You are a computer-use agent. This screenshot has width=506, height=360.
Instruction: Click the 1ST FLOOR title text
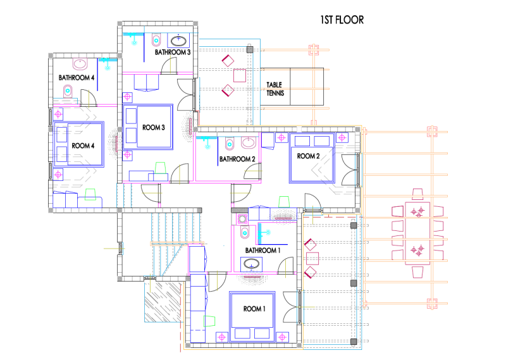tap(342, 20)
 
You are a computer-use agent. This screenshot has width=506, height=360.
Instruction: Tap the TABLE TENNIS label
tap(275, 89)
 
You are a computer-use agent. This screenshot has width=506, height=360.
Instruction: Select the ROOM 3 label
tap(154, 128)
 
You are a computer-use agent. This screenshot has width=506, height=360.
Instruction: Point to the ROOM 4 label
tap(83, 146)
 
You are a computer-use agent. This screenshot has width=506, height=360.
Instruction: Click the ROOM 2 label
tap(308, 156)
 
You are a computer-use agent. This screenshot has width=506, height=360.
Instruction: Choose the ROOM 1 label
tap(254, 309)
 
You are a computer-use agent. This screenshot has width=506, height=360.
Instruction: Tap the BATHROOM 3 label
tap(173, 52)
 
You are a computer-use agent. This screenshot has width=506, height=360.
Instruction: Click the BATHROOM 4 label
tap(77, 77)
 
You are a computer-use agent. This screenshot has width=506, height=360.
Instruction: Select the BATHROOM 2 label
tap(237, 159)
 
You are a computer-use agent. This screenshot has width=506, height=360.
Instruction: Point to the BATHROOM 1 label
tap(262, 250)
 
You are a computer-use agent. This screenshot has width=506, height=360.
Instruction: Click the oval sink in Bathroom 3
tap(178, 40)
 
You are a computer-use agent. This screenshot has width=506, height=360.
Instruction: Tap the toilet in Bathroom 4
tap(68, 91)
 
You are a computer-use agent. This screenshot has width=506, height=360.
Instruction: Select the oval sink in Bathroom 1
tap(251, 264)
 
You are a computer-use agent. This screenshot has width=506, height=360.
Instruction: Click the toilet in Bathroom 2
tap(230, 144)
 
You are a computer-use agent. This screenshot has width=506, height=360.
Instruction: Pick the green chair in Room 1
tap(209, 321)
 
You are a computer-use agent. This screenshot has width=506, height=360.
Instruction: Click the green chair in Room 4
tap(90, 194)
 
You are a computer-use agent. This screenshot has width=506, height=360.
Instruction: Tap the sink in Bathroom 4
tap(80, 64)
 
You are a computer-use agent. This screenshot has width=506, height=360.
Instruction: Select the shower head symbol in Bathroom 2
tap(207, 146)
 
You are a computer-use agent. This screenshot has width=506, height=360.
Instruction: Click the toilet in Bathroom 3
tap(156, 40)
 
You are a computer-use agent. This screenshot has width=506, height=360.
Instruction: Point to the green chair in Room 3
tap(160, 168)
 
